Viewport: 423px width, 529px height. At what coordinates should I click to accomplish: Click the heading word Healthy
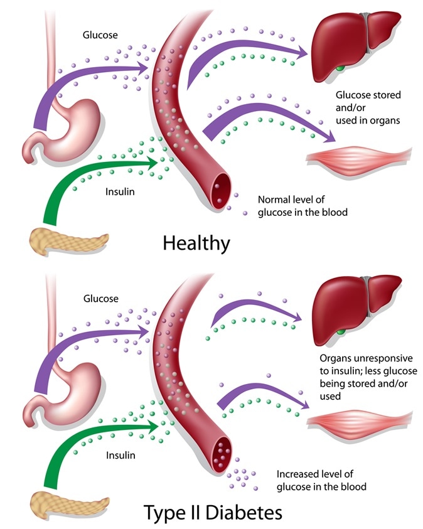click(x=196, y=243)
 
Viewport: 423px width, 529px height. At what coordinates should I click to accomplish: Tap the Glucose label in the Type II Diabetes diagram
click(x=100, y=299)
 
